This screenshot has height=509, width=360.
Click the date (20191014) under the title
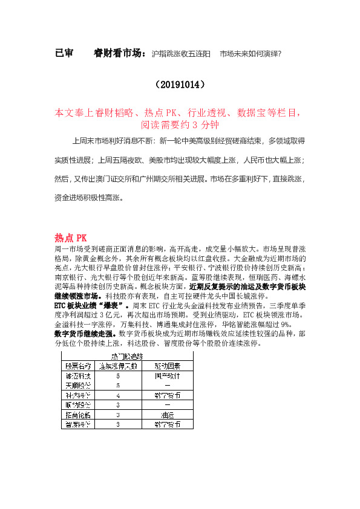[x=180, y=83]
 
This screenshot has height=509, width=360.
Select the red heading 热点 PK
[x=71, y=238]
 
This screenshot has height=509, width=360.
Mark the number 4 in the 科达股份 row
[x=117, y=395]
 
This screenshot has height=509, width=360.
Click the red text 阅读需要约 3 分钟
[x=180, y=125]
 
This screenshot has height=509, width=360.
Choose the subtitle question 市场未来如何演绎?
[x=250, y=54]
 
